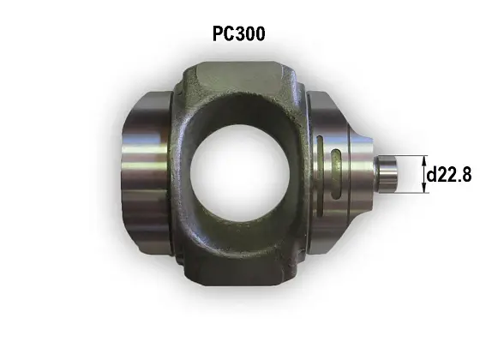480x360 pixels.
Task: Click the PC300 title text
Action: (239, 35)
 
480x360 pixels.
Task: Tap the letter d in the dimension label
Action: (433, 175)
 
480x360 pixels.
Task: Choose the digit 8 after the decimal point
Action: (466, 175)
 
